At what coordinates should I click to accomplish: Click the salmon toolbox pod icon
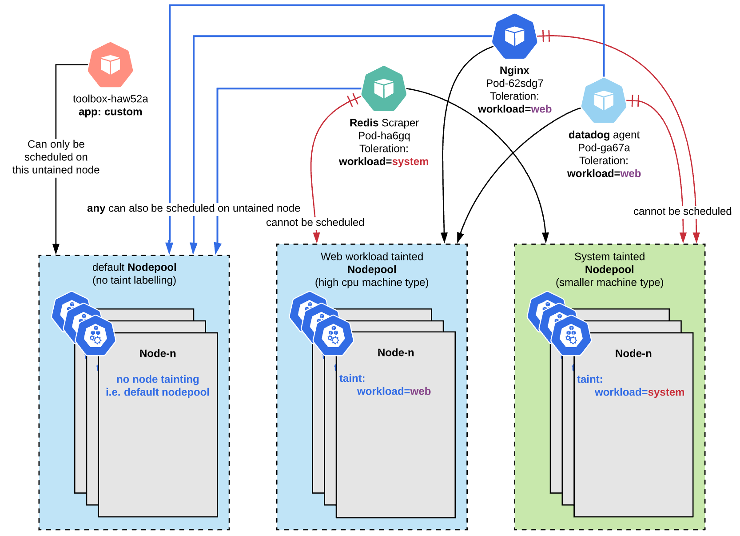(111, 65)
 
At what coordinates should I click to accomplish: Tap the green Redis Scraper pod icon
(384, 89)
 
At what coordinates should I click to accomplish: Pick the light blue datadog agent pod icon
(604, 101)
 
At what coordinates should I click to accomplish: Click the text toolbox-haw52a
(111, 99)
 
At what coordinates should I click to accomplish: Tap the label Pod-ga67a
(604, 148)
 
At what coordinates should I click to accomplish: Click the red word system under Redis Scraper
(410, 162)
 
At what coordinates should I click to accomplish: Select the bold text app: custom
(111, 112)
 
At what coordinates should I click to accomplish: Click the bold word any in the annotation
(96, 208)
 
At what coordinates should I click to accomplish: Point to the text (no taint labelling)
(135, 280)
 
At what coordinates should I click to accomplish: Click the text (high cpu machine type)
(372, 283)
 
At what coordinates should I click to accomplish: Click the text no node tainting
(158, 380)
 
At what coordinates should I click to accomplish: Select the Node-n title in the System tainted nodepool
(634, 354)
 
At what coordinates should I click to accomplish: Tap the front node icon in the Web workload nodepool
(334, 336)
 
